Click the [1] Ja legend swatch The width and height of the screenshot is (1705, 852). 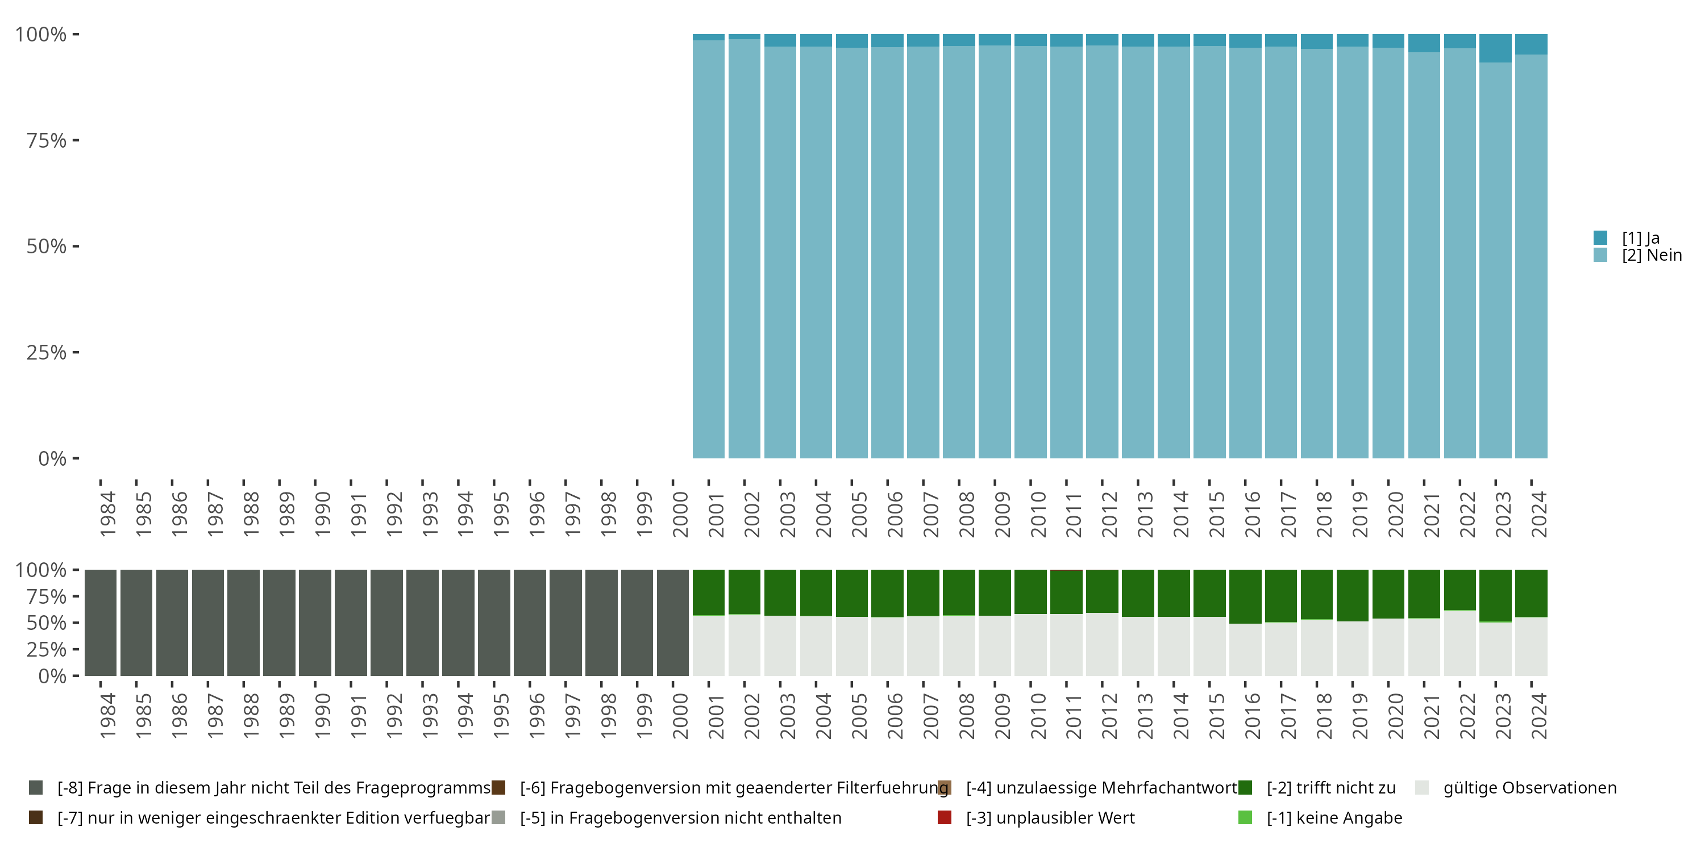pos(1600,237)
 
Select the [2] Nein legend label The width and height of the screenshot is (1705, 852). pos(1652,256)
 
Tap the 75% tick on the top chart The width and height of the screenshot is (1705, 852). pos(47,140)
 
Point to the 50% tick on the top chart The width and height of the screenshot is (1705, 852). pos(47,246)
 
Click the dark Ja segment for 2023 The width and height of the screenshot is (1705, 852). pos(1495,48)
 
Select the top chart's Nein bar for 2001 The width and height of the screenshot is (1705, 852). pos(708,252)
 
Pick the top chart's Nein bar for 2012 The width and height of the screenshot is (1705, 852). pos(1102,252)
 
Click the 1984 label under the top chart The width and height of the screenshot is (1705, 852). pos(107,514)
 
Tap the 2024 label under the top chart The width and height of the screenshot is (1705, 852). pos(1539,514)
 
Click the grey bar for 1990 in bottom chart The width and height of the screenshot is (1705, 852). pos(314,623)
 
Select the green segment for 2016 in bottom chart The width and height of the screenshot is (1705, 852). pos(1245,596)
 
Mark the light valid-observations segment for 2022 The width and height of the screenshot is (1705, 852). pos(1459,643)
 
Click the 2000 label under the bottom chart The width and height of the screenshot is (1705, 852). pos(680,716)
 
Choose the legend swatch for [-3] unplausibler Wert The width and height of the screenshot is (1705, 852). pos(945,817)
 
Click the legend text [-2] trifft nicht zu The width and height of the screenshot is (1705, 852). pos(1330,788)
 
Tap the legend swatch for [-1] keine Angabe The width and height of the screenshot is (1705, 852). pos(1245,817)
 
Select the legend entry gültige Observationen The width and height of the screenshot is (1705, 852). pos(1529,788)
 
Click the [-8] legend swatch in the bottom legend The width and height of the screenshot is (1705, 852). pos(36,788)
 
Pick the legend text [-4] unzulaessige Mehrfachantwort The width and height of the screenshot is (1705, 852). pos(1101,788)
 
